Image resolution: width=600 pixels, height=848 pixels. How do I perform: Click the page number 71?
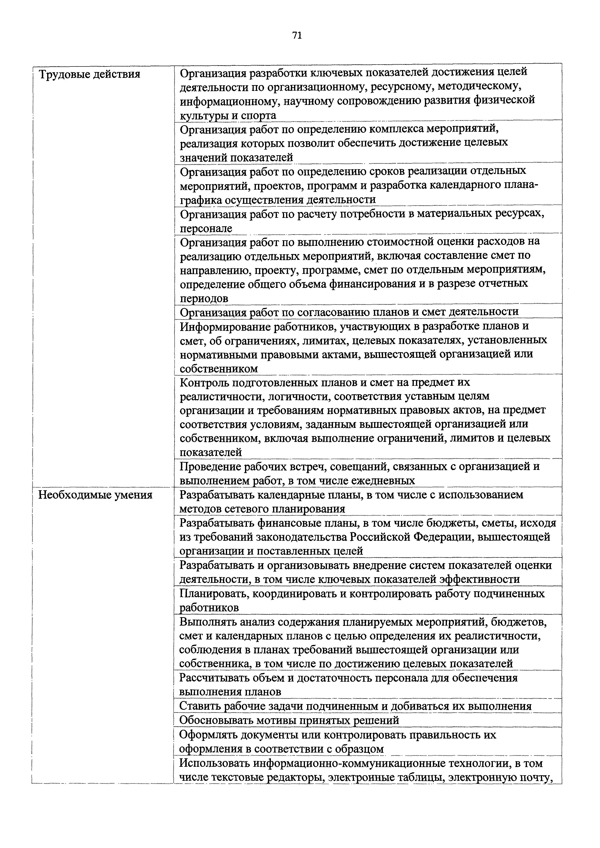pyautogui.click(x=297, y=36)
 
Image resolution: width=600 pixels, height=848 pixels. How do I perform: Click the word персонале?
pyautogui.click(x=206, y=229)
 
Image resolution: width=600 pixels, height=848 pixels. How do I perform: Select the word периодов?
pyautogui.click(x=204, y=299)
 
